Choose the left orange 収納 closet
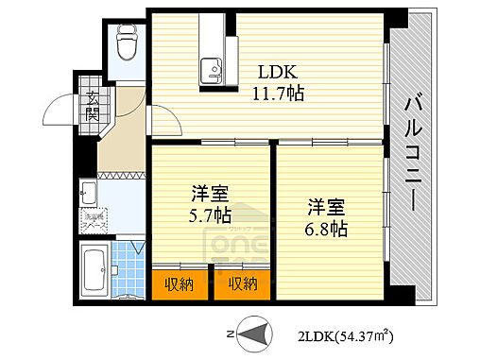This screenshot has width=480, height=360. pos(178,283)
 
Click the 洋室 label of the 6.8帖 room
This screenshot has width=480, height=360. pos(324,206)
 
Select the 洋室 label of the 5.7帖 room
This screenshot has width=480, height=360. pos(209,194)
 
